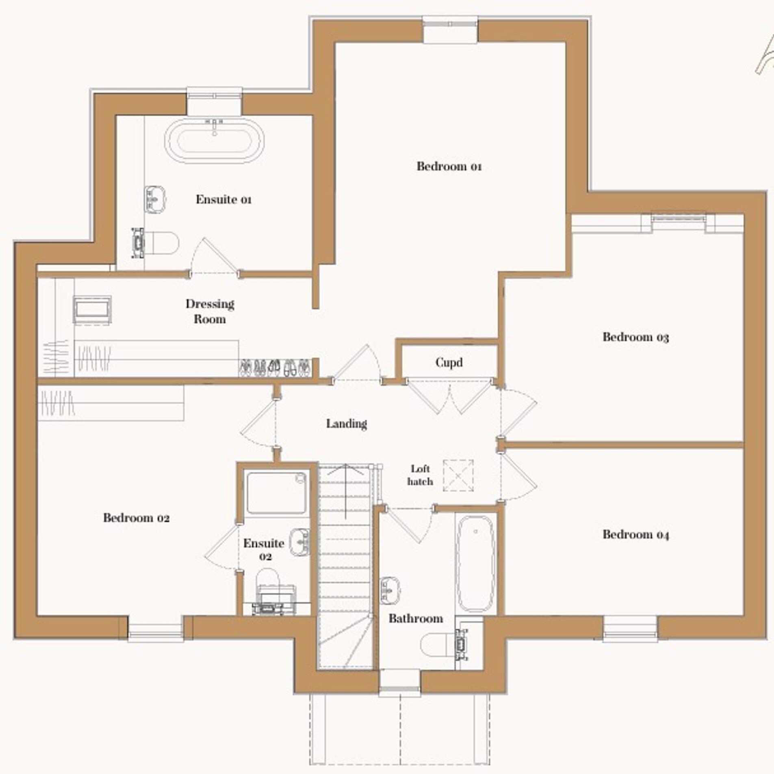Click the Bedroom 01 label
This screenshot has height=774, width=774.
click(449, 166)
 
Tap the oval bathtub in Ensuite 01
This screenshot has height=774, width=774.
click(214, 141)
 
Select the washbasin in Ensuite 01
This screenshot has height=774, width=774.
click(155, 199)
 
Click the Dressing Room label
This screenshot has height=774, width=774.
click(210, 311)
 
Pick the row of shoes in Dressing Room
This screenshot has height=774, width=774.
click(275, 368)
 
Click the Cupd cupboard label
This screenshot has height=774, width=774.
click(449, 362)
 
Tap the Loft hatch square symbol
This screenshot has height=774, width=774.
click(458, 475)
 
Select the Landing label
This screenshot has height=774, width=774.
click(347, 424)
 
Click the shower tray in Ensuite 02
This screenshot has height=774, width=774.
click(276, 493)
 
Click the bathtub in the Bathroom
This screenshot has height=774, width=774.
click(476, 564)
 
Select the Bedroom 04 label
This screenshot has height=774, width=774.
click(635, 535)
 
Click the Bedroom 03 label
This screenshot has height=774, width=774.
click(635, 337)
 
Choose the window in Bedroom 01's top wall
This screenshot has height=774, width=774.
click(450, 29)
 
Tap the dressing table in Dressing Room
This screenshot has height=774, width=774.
click(92, 310)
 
